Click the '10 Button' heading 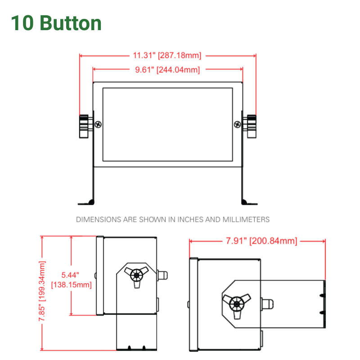click(56, 23)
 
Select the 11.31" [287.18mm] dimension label click(167, 56)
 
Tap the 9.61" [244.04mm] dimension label click(167, 70)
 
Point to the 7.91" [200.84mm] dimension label click(261, 241)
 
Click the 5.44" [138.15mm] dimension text click(71, 279)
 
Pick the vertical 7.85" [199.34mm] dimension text click(43, 293)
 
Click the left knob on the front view click(84, 126)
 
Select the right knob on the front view click(251, 126)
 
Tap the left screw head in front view click(99, 125)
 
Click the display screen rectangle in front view click(167, 125)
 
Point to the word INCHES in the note click(191, 220)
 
